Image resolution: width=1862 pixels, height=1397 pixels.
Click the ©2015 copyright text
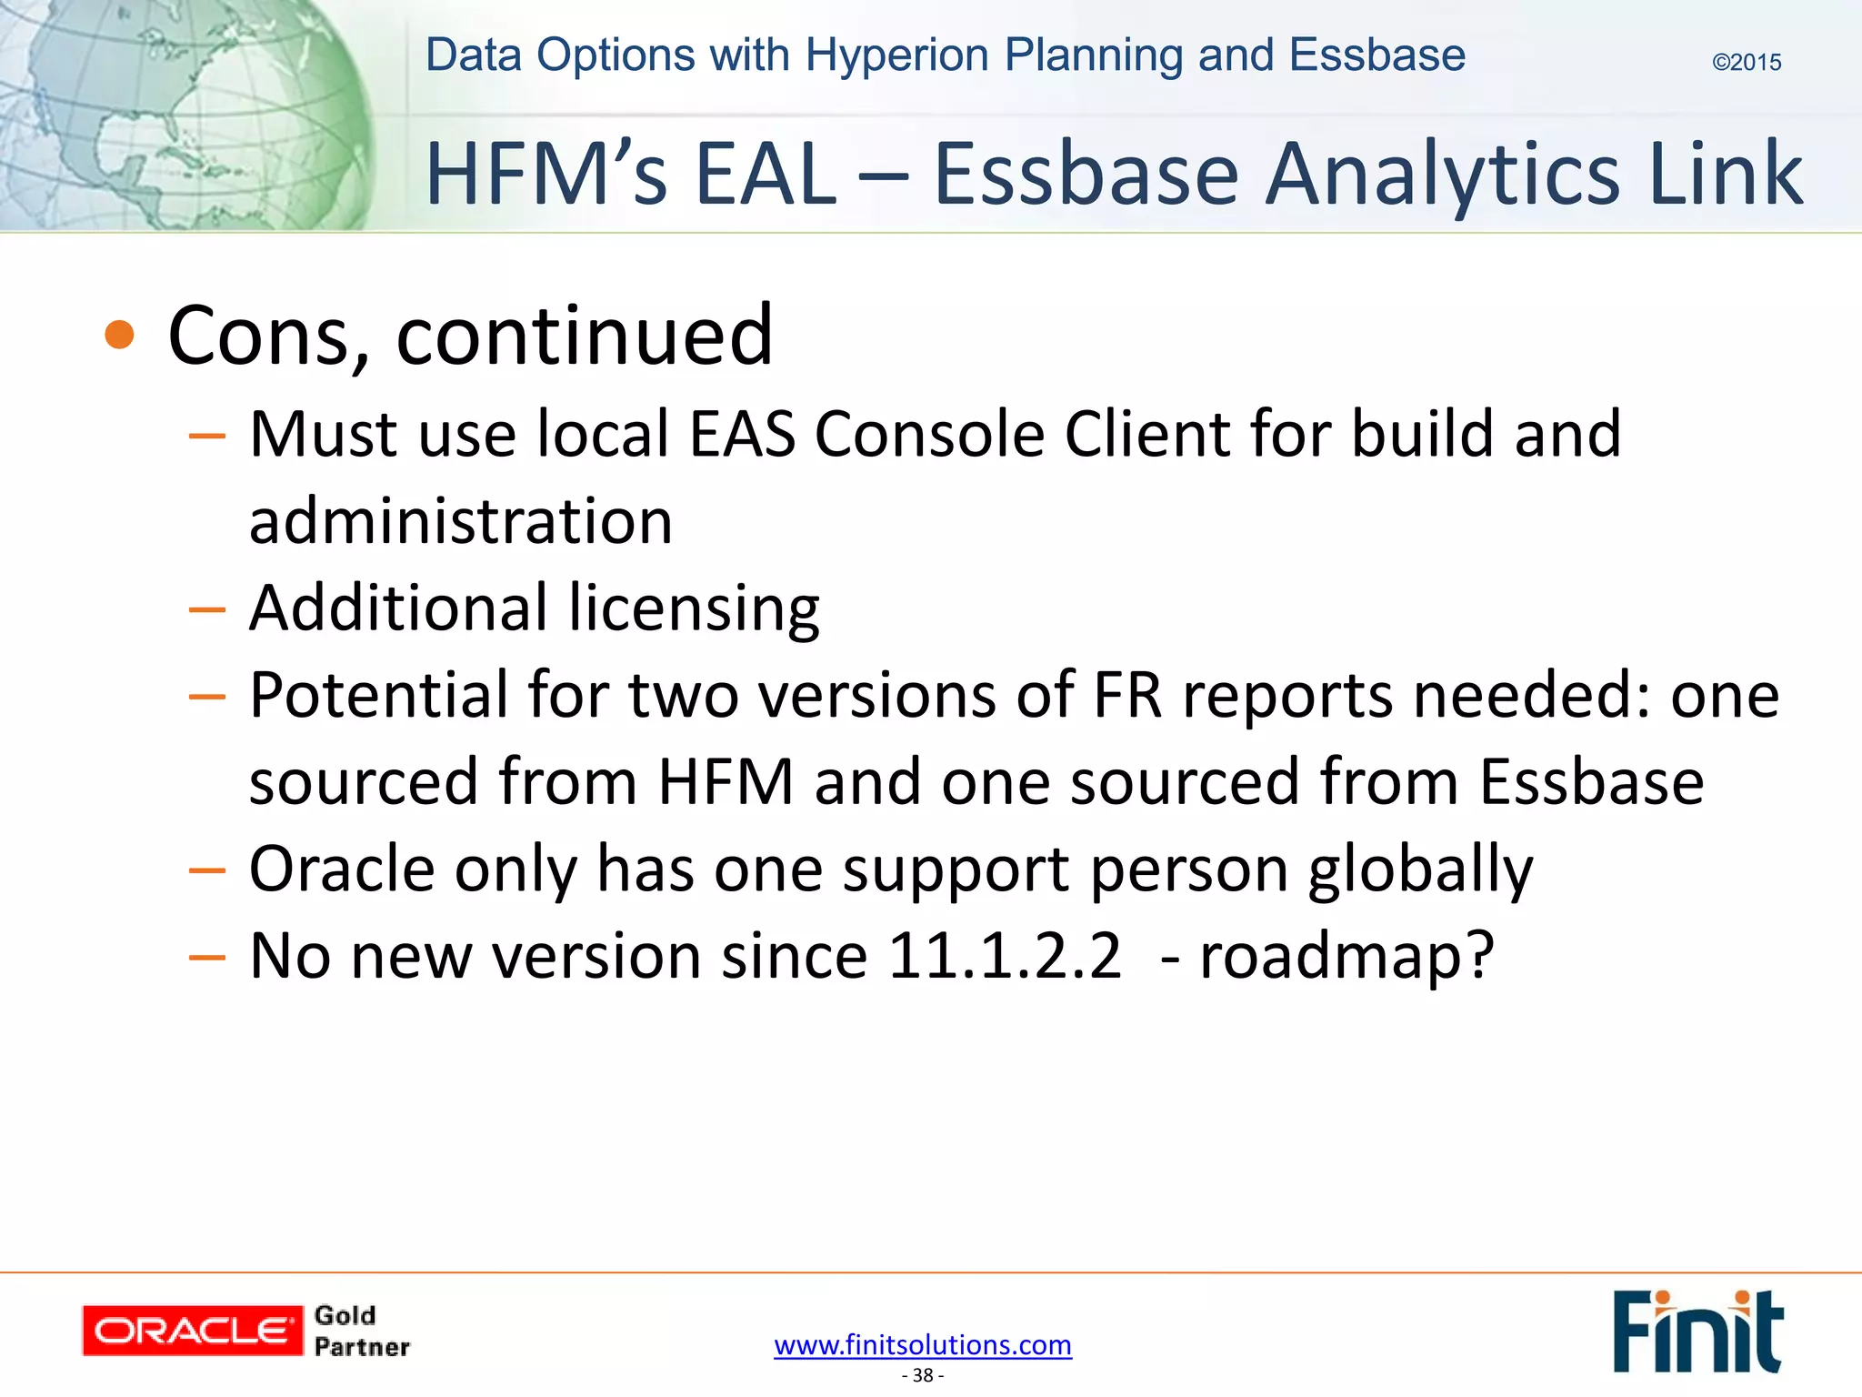[1746, 63]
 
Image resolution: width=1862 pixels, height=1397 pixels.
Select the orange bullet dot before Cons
[119, 336]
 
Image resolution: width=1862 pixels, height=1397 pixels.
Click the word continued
[585, 337]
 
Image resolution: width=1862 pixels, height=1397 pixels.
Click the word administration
[461, 521]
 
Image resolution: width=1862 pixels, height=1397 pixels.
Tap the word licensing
[695, 608]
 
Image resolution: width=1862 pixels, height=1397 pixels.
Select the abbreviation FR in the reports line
[1127, 696]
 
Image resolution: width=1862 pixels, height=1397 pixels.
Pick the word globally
[1420, 869]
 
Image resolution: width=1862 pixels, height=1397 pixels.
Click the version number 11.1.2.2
[1005, 956]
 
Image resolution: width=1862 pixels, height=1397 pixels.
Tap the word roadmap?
[1346, 956]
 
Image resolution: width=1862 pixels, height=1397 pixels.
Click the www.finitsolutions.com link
[923, 1344]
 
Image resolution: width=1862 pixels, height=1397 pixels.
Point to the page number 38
[923, 1375]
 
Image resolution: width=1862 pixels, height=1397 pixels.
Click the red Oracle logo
[192, 1331]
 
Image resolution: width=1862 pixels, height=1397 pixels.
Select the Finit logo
[1697, 1331]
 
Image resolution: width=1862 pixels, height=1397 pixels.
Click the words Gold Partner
[361, 1331]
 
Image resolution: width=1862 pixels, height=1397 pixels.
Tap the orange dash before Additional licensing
[206, 609]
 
